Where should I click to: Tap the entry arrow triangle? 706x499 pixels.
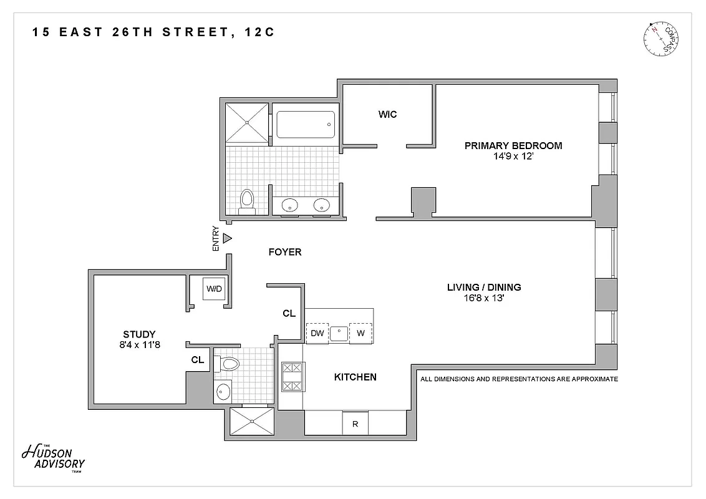pyautogui.click(x=228, y=238)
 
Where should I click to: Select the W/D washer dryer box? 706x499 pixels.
pyautogui.click(x=214, y=288)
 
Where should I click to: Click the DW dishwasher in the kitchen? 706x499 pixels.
pyautogui.click(x=317, y=333)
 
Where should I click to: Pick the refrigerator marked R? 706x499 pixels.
pyautogui.click(x=355, y=424)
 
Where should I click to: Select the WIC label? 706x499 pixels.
pyautogui.click(x=387, y=114)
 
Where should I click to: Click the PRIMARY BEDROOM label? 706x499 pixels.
pyautogui.click(x=513, y=145)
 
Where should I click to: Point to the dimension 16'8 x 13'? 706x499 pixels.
pyautogui.click(x=484, y=298)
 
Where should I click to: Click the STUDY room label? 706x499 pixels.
pyautogui.click(x=139, y=334)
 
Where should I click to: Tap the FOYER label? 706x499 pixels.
pyautogui.click(x=284, y=252)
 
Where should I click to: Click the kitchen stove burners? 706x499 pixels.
pyautogui.click(x=291, y=377)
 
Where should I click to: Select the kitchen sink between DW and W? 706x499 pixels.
pyautogui.click(x=339, y=332)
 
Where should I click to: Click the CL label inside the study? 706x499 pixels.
pyautogui.click(x=198, y=360)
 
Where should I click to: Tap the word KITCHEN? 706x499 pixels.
pyautogui.click(x=355, y=377)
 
